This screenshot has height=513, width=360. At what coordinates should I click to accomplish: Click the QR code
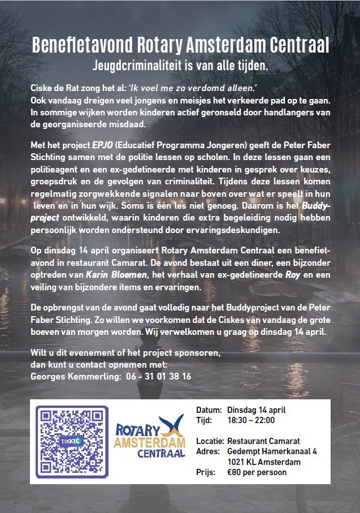tap(72, 441)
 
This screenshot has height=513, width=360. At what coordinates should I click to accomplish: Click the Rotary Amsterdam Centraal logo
tap(150, 437)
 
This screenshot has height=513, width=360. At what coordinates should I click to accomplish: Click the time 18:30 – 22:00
tap(251, 420)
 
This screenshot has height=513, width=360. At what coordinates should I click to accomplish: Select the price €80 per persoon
tap(257, 472)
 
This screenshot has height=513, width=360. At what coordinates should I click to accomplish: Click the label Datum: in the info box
tap(209, 409)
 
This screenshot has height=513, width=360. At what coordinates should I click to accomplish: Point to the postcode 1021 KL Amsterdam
tap(263, 462)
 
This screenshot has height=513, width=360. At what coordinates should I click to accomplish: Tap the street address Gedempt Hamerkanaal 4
tap(272, 451)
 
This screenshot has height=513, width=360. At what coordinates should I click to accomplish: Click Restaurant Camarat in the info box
tap(263, 441)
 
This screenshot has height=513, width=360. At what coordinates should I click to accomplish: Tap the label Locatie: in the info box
tap(210, 441)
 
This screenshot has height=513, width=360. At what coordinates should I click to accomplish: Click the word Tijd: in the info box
tap(204, 420)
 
